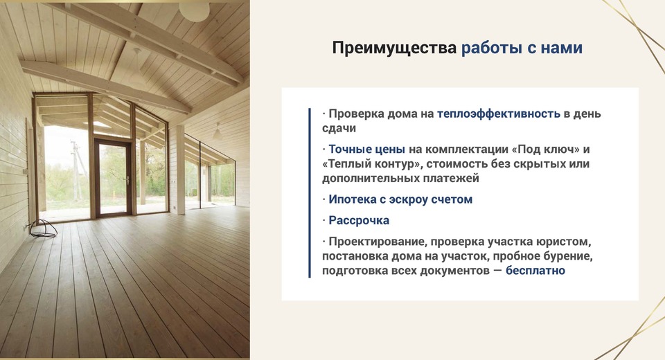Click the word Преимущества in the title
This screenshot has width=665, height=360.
[394, 48]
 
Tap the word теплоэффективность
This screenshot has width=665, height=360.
[498, 114]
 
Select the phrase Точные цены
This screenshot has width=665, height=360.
[367, 150]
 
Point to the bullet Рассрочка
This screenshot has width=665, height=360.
[359, 220]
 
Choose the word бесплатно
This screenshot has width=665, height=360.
[535, 271]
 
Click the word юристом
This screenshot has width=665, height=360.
[563, 242]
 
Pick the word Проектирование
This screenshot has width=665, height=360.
[379, 242]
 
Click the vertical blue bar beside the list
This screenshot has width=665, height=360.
[310, 193]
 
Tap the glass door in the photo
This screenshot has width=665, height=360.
[113, 178]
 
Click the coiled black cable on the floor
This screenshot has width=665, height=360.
[43, 229]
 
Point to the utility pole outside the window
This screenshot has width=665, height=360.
[76, 170]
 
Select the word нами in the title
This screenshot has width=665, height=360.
[561, 48]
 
